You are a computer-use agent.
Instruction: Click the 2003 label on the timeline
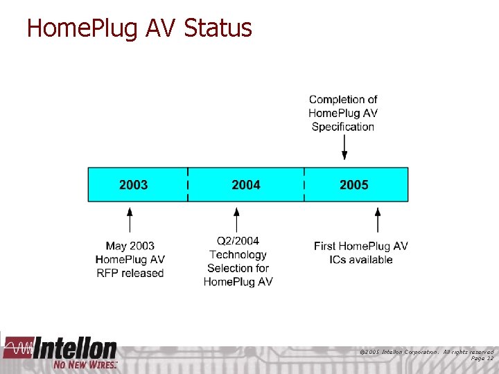[x=133, y=185]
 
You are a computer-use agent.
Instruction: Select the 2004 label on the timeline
[x=246, y=185]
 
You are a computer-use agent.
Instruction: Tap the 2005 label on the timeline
[x=354, y=185]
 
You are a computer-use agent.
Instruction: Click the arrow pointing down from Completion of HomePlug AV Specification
[x=344, y=147]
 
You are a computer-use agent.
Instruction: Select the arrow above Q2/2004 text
[x=237, y=220]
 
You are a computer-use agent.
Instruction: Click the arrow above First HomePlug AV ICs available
[x=378, y=220]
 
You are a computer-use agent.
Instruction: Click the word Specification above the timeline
[x=342, y=127]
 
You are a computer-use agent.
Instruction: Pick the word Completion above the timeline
[x=343, y=100]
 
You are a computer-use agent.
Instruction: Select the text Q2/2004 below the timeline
[x=238, y=241]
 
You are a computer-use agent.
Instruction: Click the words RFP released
[x=130, y=273]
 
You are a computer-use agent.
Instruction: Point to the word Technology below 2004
[x=238, y=254]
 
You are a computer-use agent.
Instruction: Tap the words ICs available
[x=361, y=260]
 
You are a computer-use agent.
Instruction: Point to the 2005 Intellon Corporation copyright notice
[x=426, y=352]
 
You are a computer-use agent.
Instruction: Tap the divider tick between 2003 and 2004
[x=188, y=185]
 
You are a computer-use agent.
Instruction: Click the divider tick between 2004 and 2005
[x=304, y=185]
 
